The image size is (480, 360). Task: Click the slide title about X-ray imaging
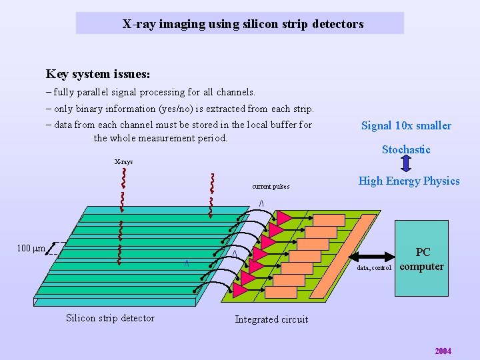click(243, 24)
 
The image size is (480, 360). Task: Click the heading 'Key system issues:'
click(98, 74)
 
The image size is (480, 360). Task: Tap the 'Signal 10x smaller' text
click(406, 125)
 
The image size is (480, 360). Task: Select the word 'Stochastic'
click(406, 149)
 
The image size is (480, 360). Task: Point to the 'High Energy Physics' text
click(409, 181)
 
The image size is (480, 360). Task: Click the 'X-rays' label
click(123, 162)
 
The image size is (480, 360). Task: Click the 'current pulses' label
click(271, 187)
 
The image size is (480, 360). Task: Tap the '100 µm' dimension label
click(31, 249)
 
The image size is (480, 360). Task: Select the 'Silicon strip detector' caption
click(110, 318)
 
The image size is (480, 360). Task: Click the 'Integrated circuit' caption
click(271, 319)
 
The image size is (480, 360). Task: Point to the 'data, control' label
click(374, 268)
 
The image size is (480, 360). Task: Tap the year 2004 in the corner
click(443, 351)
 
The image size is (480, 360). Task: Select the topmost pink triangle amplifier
click(285, 217)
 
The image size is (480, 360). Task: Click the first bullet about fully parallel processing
click(151, 91)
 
